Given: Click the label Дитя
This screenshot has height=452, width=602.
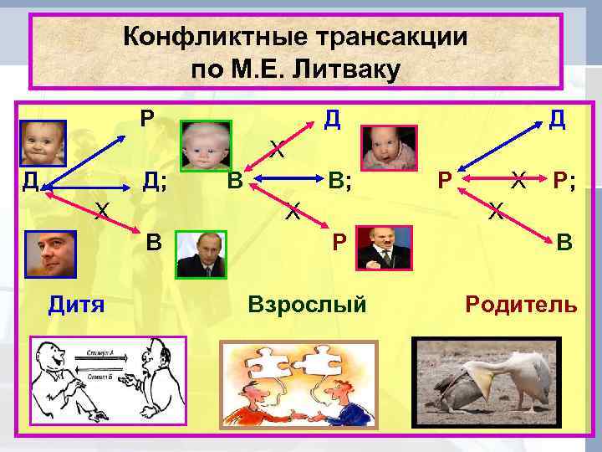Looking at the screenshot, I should [75, 303].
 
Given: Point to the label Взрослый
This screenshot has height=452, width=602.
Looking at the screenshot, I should [308, 303].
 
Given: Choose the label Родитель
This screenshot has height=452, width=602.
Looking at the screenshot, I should [521, 303].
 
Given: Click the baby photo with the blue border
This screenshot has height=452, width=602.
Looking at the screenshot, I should [43, 143].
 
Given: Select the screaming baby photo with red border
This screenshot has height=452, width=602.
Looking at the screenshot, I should [389, 148].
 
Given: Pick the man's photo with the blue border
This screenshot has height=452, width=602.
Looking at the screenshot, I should [51, 254].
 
